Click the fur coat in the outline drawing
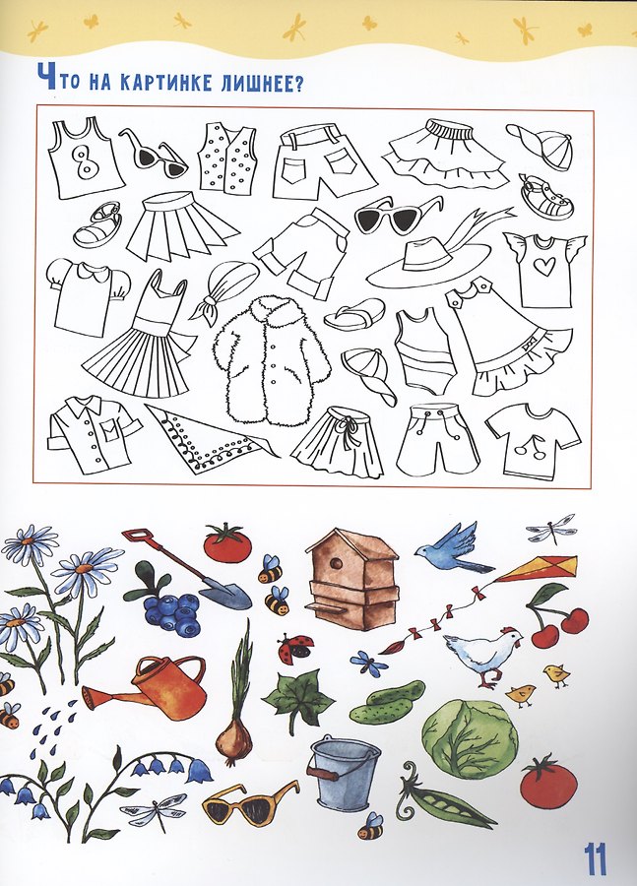point(270,361)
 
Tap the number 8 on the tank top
point(86,160)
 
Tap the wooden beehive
point(353,579)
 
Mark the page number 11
point(596,859)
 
